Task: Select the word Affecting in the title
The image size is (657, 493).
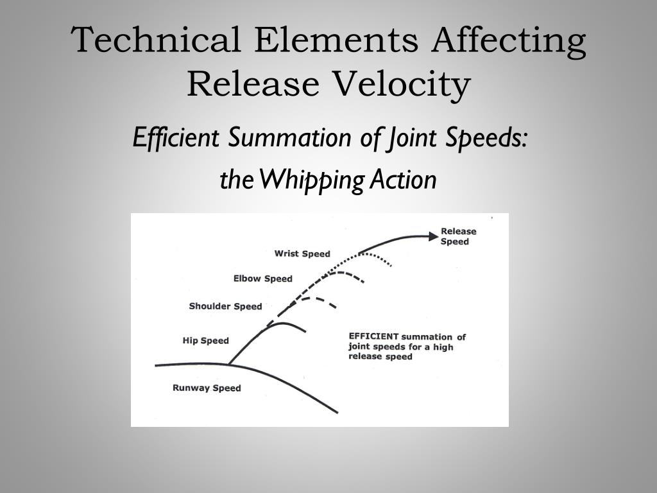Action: coord(508,40)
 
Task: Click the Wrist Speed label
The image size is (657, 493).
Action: coord(302,254)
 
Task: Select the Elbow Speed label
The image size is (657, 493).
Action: coord(262,279)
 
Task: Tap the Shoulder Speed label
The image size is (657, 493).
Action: coord(225,306)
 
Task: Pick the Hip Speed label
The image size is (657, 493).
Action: coord(205,341)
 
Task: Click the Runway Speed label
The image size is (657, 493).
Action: coord(207,388)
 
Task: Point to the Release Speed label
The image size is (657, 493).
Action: coord(458,236)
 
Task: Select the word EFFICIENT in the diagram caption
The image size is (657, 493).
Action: coord(373,336)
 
